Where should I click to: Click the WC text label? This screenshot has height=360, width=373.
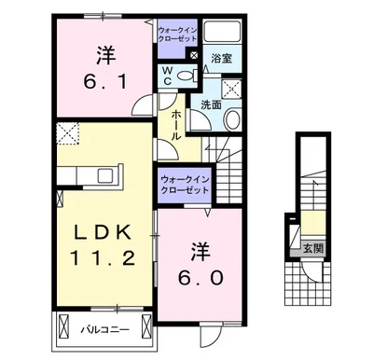[x=167, y=76]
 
